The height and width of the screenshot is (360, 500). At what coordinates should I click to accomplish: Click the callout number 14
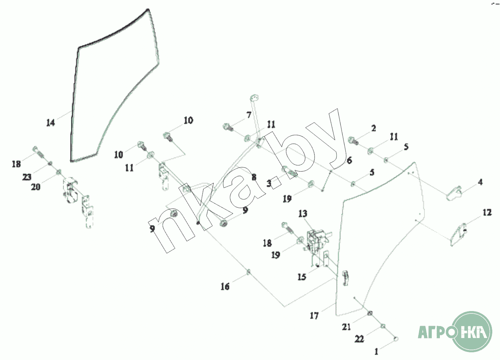[x=51, y=123]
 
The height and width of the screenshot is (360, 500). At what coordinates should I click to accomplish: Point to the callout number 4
[x=480, y=182]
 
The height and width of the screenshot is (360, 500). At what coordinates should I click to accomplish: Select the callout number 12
[x=487, y=212]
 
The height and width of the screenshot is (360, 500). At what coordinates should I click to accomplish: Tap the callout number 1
[x=376, y=352]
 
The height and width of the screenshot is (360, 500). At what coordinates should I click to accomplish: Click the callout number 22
[x=359, y=339]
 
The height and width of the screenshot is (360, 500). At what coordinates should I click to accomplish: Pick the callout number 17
[x=314, y=316]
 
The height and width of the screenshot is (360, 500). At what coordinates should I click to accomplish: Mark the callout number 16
[x=225, y=286]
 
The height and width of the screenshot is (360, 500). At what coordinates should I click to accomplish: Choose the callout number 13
[x=303, y=214]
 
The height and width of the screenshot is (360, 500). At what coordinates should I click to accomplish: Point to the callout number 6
[x=349, y=161]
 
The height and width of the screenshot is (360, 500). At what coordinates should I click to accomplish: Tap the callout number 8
[x=254, y=178]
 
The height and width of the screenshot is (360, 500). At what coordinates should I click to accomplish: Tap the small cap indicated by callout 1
[x=396, y=339]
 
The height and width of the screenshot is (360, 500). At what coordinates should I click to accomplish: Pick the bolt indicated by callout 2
[x=354, y=141]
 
